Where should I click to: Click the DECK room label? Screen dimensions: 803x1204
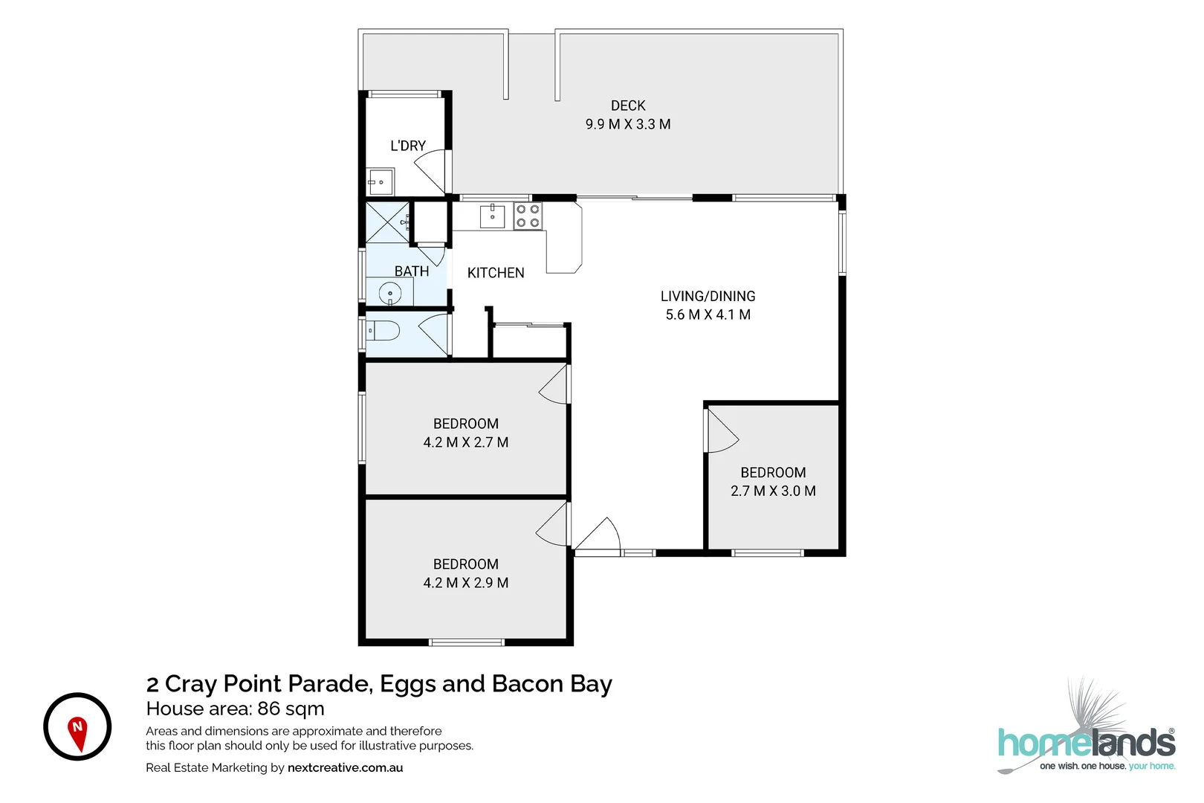click(x=627, y=106)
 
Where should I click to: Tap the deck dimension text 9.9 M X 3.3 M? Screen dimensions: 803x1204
click(x=627, y=124)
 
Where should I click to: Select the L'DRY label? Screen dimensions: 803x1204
click(x=407, y=146)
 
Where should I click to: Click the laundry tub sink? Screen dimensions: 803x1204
click(x=381, y=181)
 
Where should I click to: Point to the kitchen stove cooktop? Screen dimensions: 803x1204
click(x=527, y=216)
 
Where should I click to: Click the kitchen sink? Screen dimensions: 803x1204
click(x=492, y=216)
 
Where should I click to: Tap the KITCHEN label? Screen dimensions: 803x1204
click(x=495, y=273)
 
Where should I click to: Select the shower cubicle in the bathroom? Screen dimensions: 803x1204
click(x=387, y=222)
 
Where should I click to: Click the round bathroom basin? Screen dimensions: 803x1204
click(x=390, y=294)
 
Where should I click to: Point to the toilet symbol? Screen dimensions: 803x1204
click(x=383, y=330)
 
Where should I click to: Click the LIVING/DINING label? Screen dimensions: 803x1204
click(x=708, y=296)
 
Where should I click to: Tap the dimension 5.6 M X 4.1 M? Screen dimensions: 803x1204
click(x=708, y=315)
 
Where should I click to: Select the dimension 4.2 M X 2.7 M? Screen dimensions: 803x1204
click(x=465, y=442)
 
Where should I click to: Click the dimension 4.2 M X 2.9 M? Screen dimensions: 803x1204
click(x=465, y=583)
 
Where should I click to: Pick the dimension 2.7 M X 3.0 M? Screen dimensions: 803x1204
click(x=772, y=491)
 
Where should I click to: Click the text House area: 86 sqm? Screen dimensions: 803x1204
click(x=235, y=709)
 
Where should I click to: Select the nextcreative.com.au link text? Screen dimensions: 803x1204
click(x=345, y=767)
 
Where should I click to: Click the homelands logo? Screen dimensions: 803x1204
click(x=1086, y=744)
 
